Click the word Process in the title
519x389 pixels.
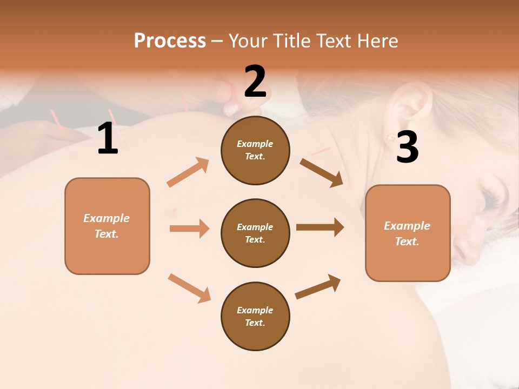[x=170, y=41]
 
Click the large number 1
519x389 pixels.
[x=108, y=139]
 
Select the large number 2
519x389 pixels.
[x=255, y=82]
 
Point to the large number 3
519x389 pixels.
[x=407, y=147]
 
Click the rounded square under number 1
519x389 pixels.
[x=107, y=226]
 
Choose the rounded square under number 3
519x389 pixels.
[x=408, y=233]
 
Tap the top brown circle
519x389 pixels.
[x=255, y=150]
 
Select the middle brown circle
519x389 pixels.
[x=255, y=233]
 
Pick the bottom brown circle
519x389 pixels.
[x=255, y=316]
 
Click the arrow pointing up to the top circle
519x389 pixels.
[x=188, y=172]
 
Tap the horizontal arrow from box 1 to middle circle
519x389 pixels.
[x=189, y=229]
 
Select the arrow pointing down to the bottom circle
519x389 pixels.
[x=189, y=288]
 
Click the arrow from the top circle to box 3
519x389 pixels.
[x=322, y=172]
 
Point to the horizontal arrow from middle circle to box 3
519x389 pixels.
[x=320, y=227]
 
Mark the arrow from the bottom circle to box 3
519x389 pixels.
[x=318, y=287]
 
